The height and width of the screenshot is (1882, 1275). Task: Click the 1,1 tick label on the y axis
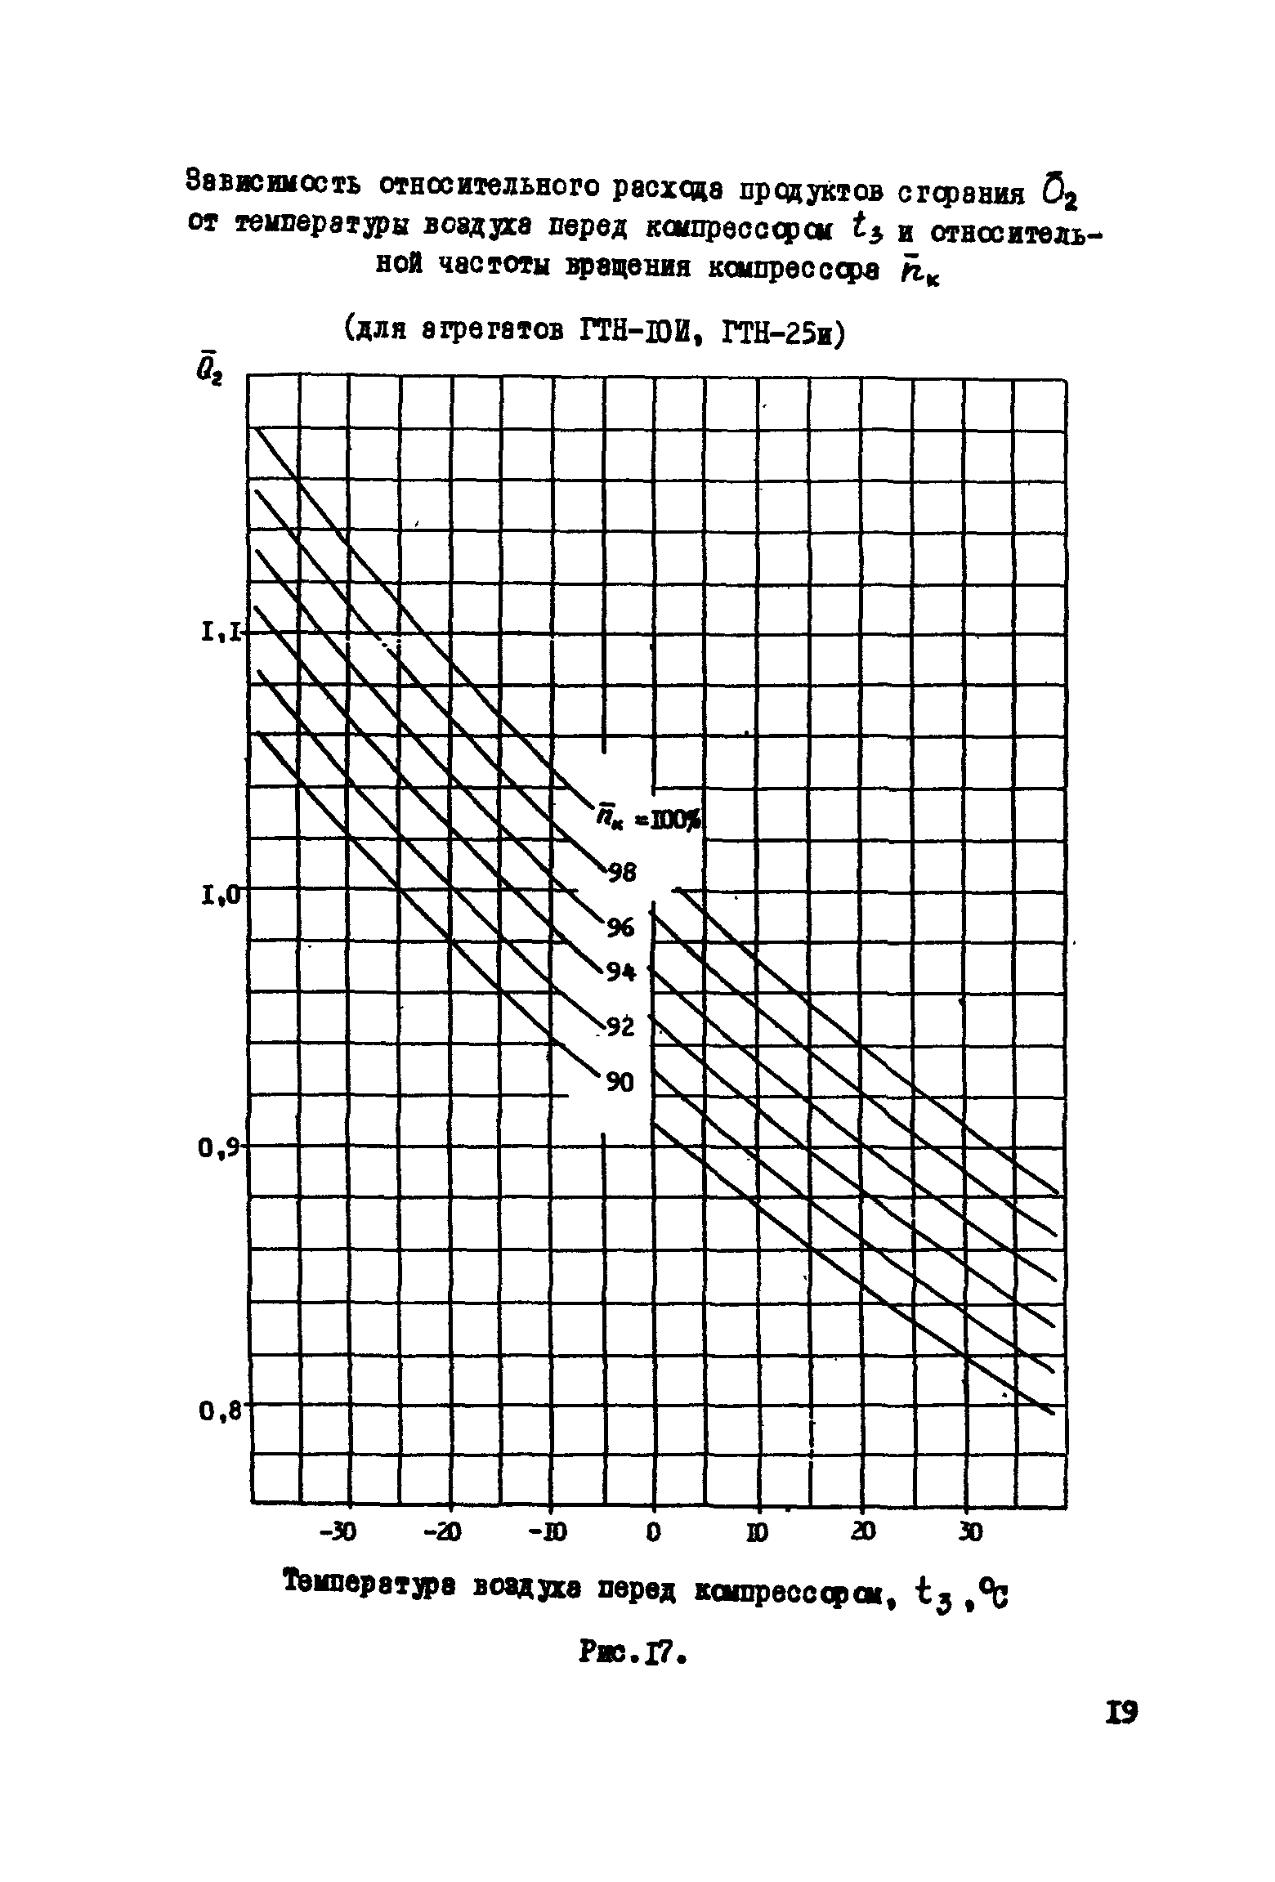pyautogui.click(x=220, y=631)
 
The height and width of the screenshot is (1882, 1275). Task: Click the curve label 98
pyautogui.click(x=622, y=873)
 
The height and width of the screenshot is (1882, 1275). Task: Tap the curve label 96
pyautogui.click(x=620, y=928)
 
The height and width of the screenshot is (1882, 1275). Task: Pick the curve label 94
pyautogui.click(x=621, y=972)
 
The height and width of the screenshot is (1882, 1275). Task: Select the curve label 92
pyautogui.click(x=620, y=1027)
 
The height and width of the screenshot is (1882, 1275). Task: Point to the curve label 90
pyautogui.click(x=619, y=1083)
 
